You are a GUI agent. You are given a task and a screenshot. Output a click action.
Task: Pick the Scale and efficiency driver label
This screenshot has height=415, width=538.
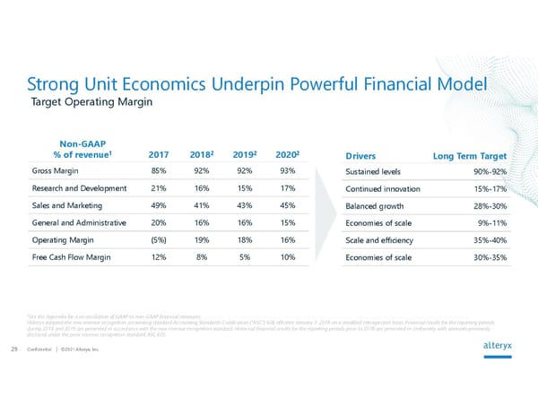pyautogui.click(x=381, y=241)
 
